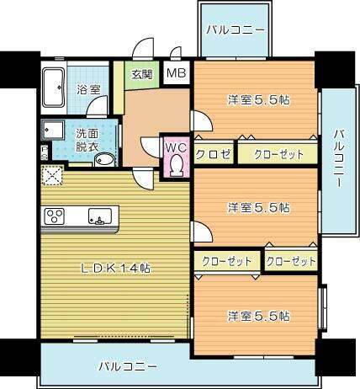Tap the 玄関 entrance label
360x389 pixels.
click(x=140, y=73)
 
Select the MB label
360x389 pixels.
click(x=176, y=73)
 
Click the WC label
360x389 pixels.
click(x=176, y=147)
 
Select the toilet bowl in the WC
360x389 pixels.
click(x=176, y=166)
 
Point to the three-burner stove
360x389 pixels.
click(x=56, y=216)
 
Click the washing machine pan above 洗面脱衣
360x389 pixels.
click(x=55, y=133)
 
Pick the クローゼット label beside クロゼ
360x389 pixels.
click(x=276, y=153)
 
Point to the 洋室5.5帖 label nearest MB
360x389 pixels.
click(x=258, y=99)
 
